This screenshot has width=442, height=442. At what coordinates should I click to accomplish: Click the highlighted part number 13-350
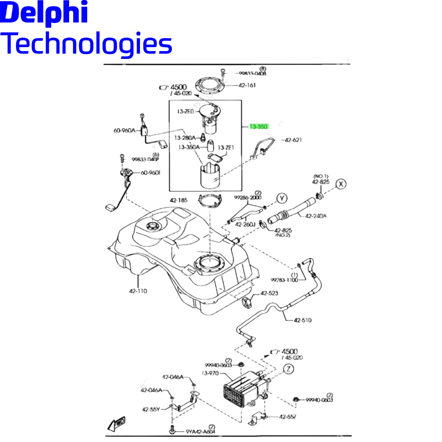click(259, 127)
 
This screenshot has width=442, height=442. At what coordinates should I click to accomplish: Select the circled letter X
click(341, 184)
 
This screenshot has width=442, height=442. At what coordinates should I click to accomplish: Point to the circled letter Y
click(282, 198)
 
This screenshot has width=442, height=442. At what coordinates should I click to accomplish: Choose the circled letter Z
click(289, 369)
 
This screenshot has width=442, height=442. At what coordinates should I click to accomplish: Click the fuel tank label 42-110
click(138, 291)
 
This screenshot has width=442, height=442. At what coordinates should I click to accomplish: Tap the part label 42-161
click(247, 86)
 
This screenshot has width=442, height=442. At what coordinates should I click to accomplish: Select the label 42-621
click(293, 140)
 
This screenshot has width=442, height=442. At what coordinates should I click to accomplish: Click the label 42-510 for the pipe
click(302, 320)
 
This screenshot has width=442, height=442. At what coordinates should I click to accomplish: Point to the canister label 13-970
click(210, 373)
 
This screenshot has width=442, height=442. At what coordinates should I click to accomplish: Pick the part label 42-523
click(269, 293)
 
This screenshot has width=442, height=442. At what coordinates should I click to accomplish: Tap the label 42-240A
click(316, 216)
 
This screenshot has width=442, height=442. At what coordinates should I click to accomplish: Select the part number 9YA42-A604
click(201, 431)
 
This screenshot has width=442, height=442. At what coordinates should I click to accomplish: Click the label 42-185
click(179, 200)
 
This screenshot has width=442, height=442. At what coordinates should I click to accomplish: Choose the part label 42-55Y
click(151, 409)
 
